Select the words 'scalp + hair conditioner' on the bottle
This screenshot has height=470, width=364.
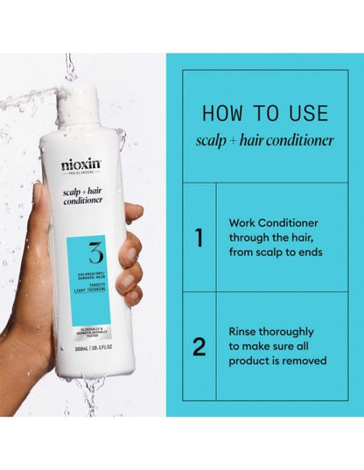pyautogui.click(x=82, y=193)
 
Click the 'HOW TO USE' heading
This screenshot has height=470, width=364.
pyautogui.click(x=265, y=113)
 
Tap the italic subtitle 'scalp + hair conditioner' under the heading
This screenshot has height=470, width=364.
pyautogui.click(x=265, y=142)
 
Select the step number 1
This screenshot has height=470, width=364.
pyautogui.click(x=199, y=238)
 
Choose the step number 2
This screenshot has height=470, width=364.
pyautogui.click(x=199, y=347)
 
